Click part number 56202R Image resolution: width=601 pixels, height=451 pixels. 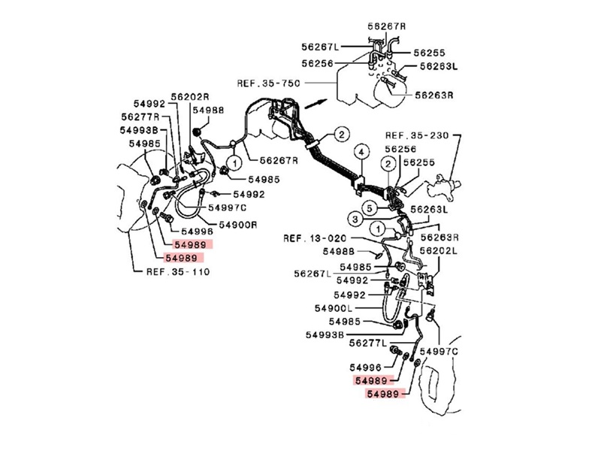coord(189,97)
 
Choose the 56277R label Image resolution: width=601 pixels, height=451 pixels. coord(140,117)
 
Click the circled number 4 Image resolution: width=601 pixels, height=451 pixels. coord(361,153)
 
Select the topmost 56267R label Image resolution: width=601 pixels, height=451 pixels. coord(386,26)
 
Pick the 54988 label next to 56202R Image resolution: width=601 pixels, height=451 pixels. coord(207,110)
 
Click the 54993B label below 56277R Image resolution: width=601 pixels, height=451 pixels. coord(138,130)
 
